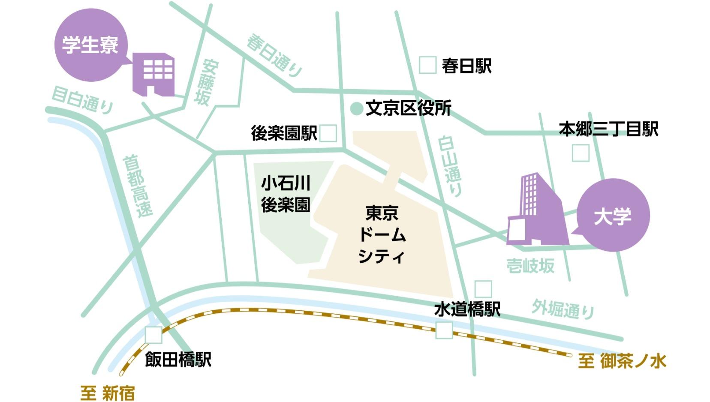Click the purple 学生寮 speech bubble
tap(90, 45)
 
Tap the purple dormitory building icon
tap(153, 74)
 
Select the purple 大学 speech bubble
tap(613, 216)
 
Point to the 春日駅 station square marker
tap(427, 65)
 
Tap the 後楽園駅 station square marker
tap(328, 133)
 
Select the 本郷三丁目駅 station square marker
tap(581, 153)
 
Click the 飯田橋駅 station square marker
tap(153, 335)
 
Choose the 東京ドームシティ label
tap(381, 234)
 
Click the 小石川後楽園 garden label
tap(286, 194)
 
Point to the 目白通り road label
tap(82, 100)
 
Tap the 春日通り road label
tap(275, 56)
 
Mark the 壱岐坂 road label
tap(530, 266)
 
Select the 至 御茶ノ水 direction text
tap(622, 361)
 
